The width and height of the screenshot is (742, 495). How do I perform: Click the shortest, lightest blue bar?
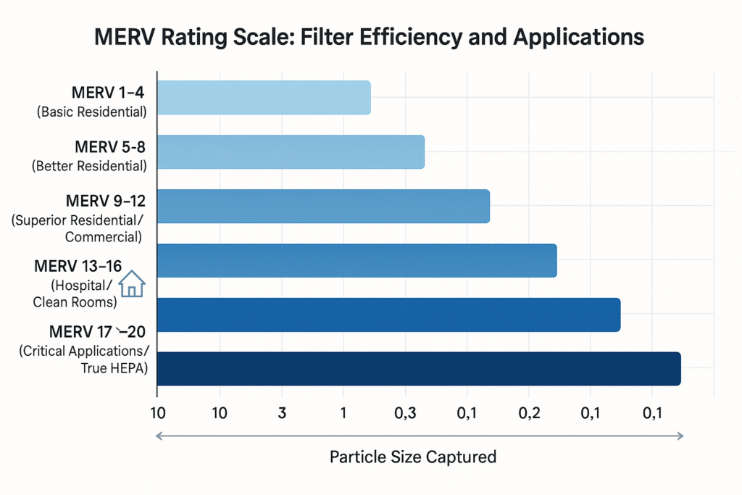pyautogui.click(x=264, y=98)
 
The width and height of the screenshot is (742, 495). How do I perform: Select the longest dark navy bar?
pyautogui.click(x=419, y=368)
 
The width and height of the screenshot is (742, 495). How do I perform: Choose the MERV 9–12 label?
pyautogui.click(x=106, y=201)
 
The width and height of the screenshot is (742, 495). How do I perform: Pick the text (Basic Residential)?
pyautogui.click(x=90, y=112)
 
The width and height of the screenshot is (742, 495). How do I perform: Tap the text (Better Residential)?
pyautogui.click(x=89, y=166)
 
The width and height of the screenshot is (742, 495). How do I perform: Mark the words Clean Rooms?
pyautogui.click(x=75, y=302)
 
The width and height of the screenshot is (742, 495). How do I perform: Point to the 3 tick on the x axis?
pyautogui.click(x=282, y=414)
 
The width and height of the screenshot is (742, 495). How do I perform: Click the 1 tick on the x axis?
pyautogui.click(x=343, y=414)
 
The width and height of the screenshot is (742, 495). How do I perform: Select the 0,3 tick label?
pyautogui.click(x=405, y=414)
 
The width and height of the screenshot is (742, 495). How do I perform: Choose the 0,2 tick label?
pyautogui.click(x=529, y=414)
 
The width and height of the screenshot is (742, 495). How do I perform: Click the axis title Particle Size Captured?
pyautogui.click(x=413, y=457)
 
